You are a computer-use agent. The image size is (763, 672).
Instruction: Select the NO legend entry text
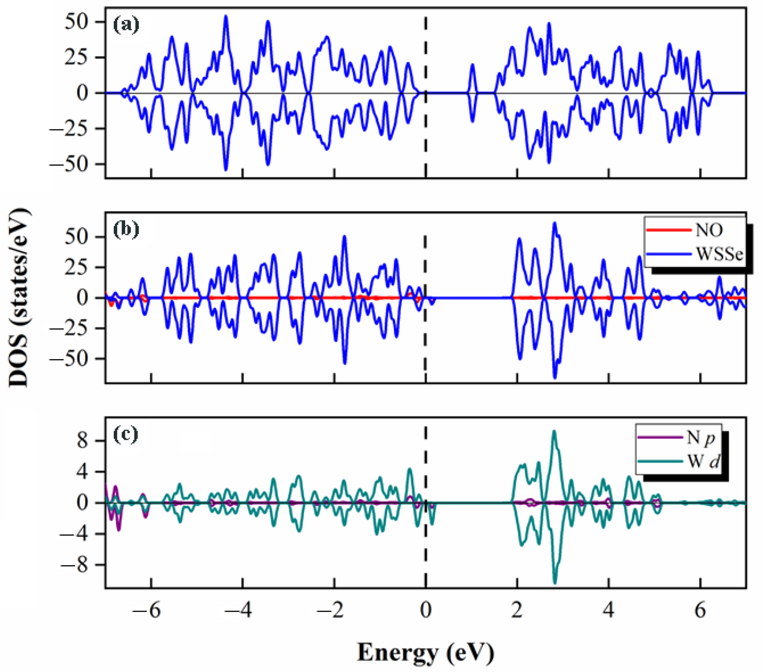click(x=709, y=230)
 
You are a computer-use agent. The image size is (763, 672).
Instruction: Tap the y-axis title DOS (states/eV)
click(x=19, y=299)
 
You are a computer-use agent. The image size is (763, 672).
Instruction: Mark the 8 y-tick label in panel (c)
click(x=82, y=441)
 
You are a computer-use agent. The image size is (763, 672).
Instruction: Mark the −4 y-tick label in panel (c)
click(x=75, y=534)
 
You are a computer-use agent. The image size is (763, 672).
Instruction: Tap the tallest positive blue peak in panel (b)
click(x=555, y=224)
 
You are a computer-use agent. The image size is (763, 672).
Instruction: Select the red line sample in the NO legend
click(x=668, y=230)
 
